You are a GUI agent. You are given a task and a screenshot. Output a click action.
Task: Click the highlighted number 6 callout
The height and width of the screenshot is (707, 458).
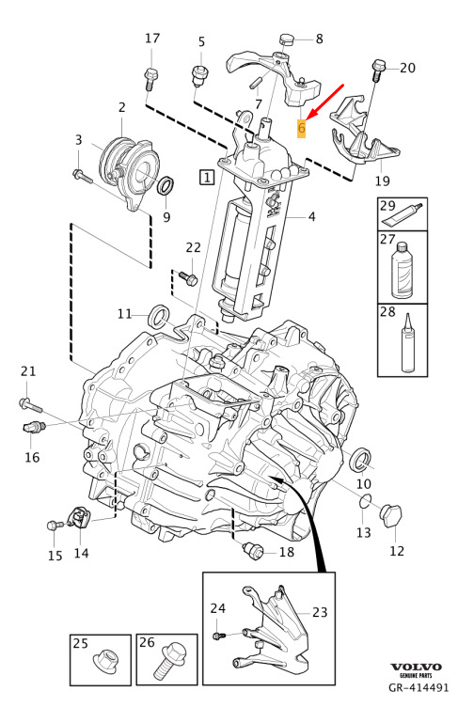pyautogui.click(x=301, y=129)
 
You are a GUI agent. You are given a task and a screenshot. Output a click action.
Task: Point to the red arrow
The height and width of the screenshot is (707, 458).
pyautogui.click(x=324, y=102)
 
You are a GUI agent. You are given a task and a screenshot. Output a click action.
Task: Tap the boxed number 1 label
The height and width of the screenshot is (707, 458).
pyautogui.click(x=207, y=177)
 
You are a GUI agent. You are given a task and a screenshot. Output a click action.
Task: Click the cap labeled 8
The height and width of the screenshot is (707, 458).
pyautogui.click(x=286, y=39)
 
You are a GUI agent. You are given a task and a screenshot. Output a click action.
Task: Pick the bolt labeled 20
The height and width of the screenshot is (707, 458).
pyautogui.click(x=378, y=70)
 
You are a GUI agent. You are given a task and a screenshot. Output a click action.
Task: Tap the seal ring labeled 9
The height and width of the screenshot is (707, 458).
pyautogui.click(x=166, y=186)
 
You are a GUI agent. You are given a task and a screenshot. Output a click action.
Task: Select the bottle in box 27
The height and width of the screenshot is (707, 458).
pyautogui.click(x=403, y=271)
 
